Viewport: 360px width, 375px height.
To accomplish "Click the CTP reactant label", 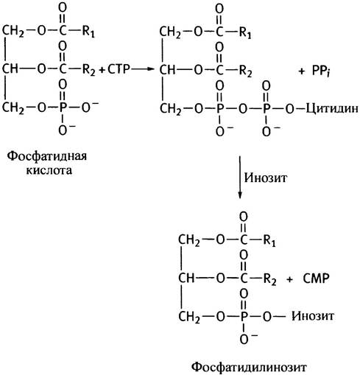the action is tap(119, 69).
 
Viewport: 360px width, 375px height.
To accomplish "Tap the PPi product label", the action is tap(321, 71).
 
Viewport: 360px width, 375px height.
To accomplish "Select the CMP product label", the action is tap(316, 278).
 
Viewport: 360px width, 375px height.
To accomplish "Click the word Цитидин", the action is tap(332, 109).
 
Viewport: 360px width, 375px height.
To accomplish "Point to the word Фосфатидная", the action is tap(46, 156).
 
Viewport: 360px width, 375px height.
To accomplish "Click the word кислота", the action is tap(49, 170).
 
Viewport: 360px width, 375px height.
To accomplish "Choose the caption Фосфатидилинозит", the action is tap(249, 368).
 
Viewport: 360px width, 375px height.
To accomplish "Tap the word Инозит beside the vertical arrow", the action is tap(265, 178).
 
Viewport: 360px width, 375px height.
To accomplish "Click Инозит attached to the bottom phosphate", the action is tap(313, 316).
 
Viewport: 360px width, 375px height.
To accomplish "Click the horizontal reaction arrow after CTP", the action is tap(142, 69).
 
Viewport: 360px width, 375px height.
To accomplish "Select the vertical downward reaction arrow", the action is tap(240, 177).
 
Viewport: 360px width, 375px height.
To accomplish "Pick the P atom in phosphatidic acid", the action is tap(63, 108).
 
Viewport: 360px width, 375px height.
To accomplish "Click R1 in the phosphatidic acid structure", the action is tap(88, 32).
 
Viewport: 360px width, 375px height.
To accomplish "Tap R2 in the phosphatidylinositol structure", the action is tap(270, 279).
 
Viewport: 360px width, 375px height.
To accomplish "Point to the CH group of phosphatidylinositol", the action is tap(186, 278).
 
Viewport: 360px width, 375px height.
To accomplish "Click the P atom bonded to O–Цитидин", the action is tap(267, 109).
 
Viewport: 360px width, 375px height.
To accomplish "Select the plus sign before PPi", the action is tap(301, 71).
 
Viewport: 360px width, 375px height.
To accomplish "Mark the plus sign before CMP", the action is tap(289, 279).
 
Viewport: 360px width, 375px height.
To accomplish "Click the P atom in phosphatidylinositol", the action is tap(244, 316).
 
